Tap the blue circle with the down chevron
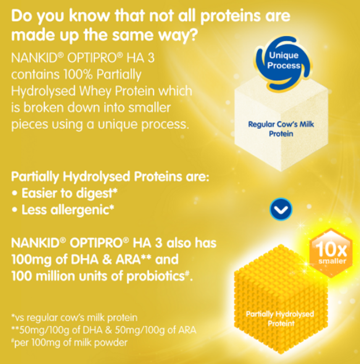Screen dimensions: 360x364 click(x=281, y=209)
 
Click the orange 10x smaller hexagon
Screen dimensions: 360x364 click(x=331, y=253)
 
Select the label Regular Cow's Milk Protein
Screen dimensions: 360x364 click(x=281, y=129)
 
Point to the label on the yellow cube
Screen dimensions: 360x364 click(x=280, y=319)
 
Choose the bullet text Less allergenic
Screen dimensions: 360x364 click(x=68, y=210)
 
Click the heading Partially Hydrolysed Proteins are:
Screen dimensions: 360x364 click(x=110, y=177)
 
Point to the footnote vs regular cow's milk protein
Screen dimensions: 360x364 click(x=74, y=318)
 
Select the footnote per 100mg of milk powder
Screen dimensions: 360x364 click(x=69, y=343)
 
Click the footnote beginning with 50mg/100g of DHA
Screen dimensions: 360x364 click(x=104, y=330)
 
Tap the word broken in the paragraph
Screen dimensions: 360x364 click(x=43, y=108)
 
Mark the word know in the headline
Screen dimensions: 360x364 click(x=89, y=16)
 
